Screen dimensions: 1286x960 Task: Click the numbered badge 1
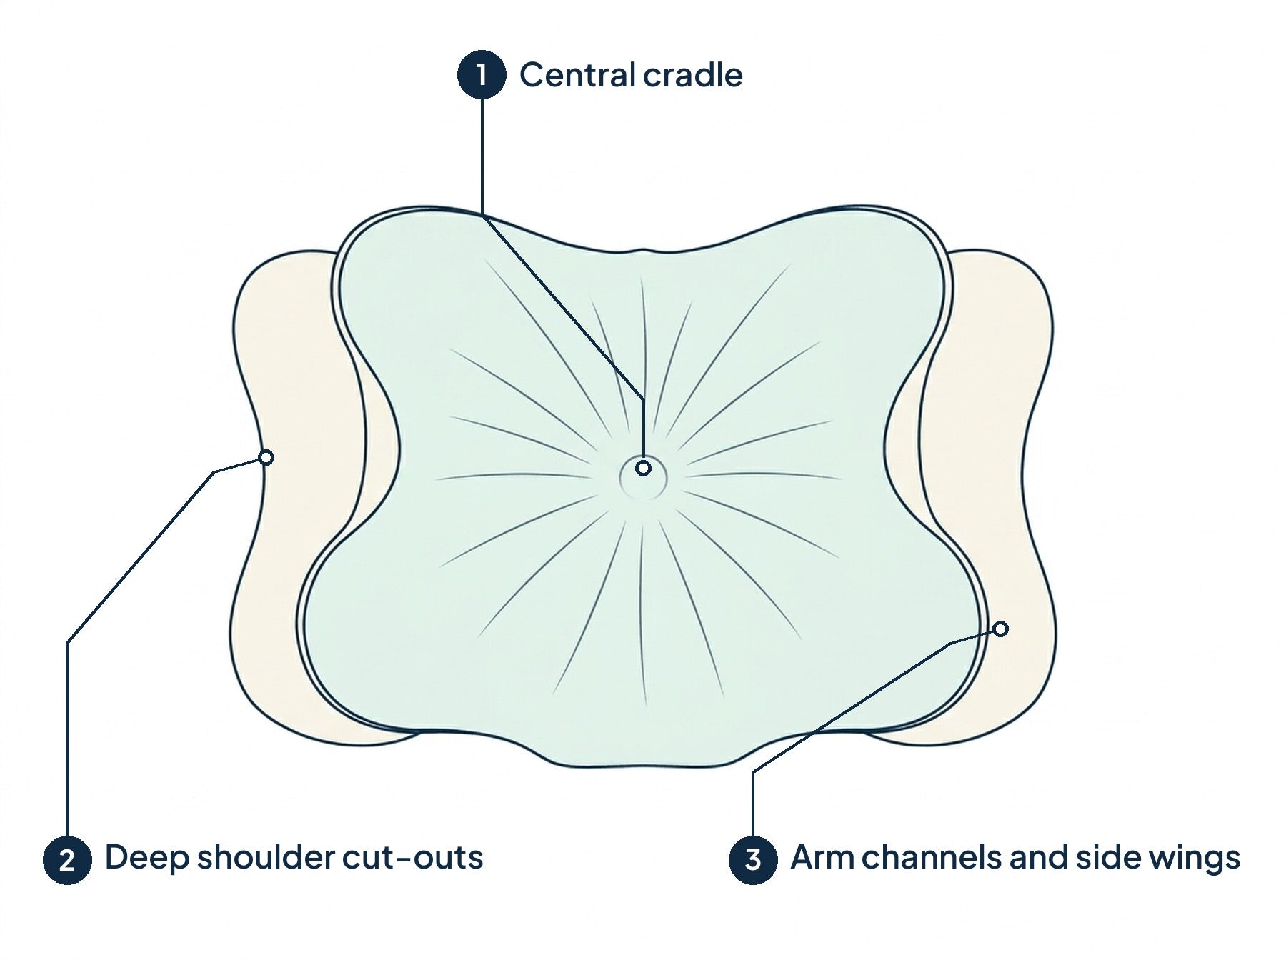pos(482,74)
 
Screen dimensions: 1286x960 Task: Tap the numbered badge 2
pos(67,859)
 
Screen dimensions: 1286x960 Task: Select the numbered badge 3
pos(753,859)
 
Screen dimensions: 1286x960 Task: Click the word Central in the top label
pos(577,75)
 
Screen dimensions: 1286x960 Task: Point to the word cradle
pos(692,75)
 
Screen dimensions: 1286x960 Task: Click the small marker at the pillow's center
pos(644,469)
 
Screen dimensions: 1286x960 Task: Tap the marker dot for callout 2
pos(266,457)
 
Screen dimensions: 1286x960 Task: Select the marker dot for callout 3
pos(1001,629)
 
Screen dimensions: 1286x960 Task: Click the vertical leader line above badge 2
pos(67,739)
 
